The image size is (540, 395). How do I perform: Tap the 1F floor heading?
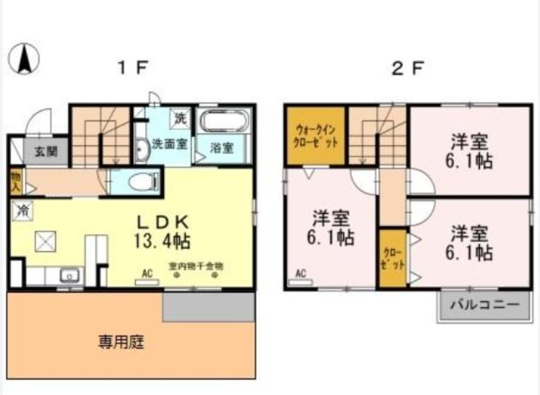tap(133, 69)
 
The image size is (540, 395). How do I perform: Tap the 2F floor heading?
tap(408, 69)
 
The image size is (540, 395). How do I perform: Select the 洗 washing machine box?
tap(180, 119)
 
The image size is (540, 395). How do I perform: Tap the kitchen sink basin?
tap(70, 276)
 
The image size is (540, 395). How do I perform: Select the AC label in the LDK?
tap(147, 273)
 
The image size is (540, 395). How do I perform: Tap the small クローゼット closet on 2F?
tap(392, 259)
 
